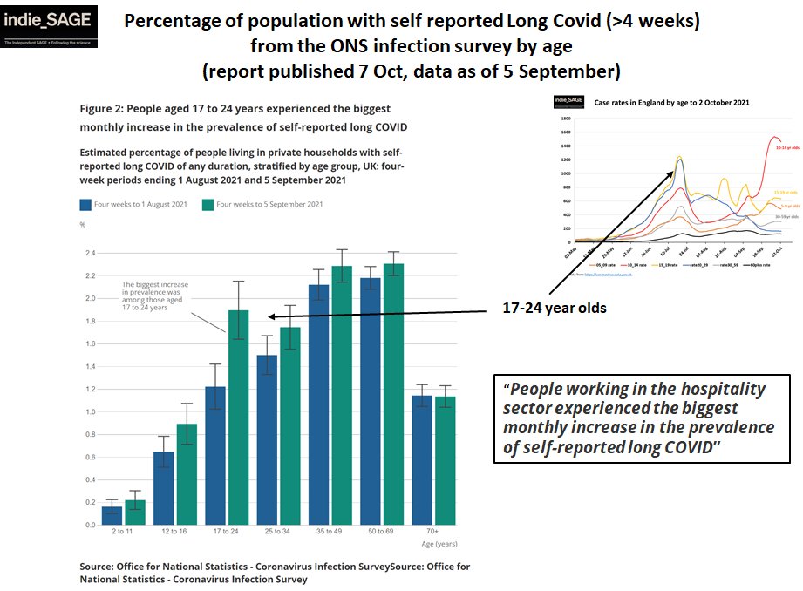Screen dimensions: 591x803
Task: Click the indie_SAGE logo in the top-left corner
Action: pos(49,26)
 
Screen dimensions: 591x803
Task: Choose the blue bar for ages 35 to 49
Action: pos(318,404)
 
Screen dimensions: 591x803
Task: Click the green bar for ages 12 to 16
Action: pos(186,474)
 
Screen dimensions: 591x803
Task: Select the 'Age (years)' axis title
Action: pos(440,543)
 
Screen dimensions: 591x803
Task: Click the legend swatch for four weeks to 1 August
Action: pos(86,204)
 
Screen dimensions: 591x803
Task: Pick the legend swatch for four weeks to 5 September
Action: pos(208,204)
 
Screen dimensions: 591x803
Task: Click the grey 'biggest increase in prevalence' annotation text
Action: pos(154,295)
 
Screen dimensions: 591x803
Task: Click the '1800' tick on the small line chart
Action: pos(565,119)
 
